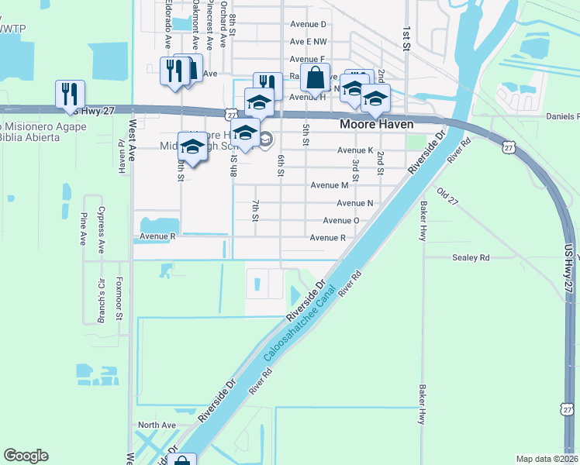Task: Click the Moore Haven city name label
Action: (376, 124)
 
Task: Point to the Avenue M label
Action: (329, 185)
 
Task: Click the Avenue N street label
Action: (355, 203)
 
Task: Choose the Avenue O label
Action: (341, 220)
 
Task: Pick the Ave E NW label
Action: (308, 42)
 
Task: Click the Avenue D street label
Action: (308, 25)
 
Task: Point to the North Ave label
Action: (157, 425)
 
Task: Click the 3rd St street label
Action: (355, 167)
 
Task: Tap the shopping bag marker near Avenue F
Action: (316, 78)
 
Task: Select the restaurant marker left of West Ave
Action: (70, 95)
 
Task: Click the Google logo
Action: (26, 456)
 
